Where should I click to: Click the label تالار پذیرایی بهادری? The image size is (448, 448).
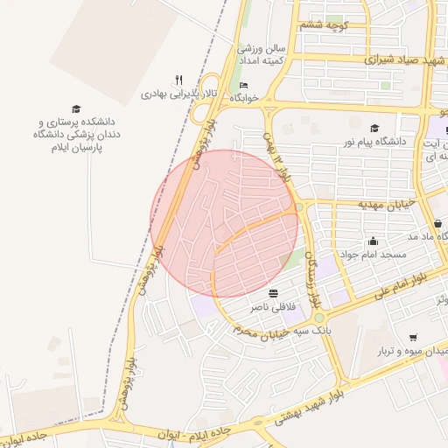pos(180,92)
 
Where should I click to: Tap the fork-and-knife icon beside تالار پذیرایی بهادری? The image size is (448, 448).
pos(179,79)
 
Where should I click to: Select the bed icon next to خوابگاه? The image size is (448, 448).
pos(243,86)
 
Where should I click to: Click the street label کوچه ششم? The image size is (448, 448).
pos(324,24)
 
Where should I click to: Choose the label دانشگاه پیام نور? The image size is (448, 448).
pos(378,141)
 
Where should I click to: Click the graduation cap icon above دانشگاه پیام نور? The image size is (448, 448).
pos(374,128)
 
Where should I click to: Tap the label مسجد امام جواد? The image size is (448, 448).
pos(374,255)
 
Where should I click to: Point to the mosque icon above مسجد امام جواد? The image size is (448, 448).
pos(374,241)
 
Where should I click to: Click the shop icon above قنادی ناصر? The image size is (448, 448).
pos(274,294)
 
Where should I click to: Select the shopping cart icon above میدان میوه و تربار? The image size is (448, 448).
pos(413,338)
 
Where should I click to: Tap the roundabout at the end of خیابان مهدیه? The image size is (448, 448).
pos(299,207)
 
